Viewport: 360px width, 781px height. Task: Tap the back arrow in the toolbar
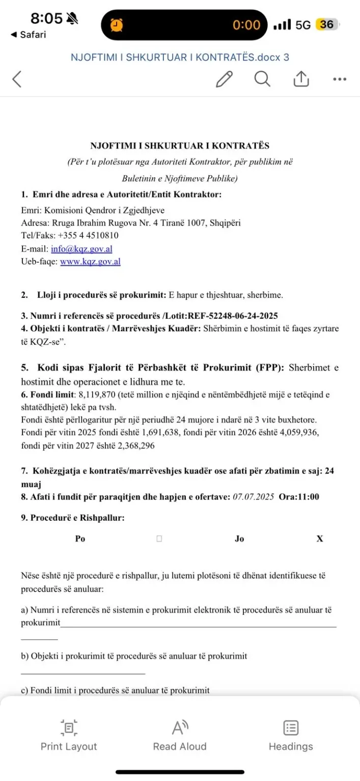(17, 79)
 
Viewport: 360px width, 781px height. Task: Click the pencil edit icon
(224, 79)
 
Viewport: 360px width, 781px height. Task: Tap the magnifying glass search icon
(262, 79)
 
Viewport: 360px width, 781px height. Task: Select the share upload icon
(301, 79)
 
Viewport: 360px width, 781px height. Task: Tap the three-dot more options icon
(340, 79)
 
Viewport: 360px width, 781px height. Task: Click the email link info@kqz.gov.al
(81, 249)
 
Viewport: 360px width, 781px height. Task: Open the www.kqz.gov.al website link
(90, 262)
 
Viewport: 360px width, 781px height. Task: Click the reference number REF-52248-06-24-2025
(232, 316)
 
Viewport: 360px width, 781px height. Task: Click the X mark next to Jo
(320, 539)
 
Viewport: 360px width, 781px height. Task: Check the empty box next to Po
(159, 539)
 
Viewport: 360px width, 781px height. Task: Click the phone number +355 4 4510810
(88, 236)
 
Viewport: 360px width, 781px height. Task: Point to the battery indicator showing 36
(326, 24)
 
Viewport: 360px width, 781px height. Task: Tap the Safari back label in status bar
(29, 35)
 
